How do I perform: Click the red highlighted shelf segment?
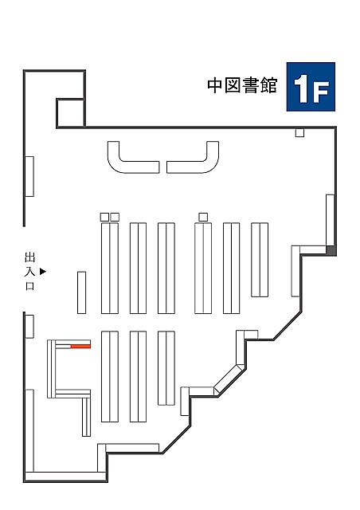(80, 346)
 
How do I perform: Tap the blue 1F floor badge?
(311, 87)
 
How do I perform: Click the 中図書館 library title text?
(242, 85)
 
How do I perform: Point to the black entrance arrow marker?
(43, 271)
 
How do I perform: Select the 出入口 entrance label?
(30, 271)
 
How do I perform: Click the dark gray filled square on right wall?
(331, 250)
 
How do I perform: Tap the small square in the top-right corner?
(299, 133)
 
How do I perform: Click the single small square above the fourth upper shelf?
(203, 217)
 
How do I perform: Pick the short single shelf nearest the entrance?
(81, 292)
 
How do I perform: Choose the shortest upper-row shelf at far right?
(260, 260)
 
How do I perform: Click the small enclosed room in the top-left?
(71, 112)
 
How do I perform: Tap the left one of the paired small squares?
(104, 217)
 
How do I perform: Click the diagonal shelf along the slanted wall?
(229, 379)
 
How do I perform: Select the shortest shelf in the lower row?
(166, 368)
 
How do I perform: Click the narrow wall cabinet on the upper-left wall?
(29, 176)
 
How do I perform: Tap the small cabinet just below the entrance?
(29, 327)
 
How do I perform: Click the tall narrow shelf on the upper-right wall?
(331, 220)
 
